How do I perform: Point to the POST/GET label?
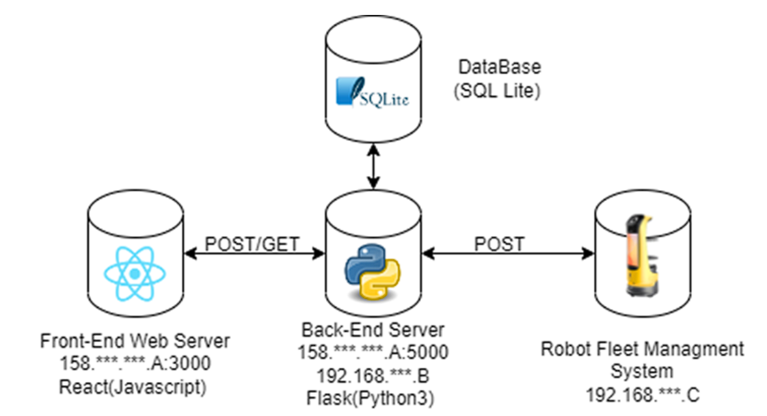coord(252,244)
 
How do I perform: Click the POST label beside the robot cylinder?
coord(499,244)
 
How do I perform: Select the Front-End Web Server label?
coord(135,341)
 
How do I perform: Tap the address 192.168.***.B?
coord(373,376)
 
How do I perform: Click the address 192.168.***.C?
coord(642,395)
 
